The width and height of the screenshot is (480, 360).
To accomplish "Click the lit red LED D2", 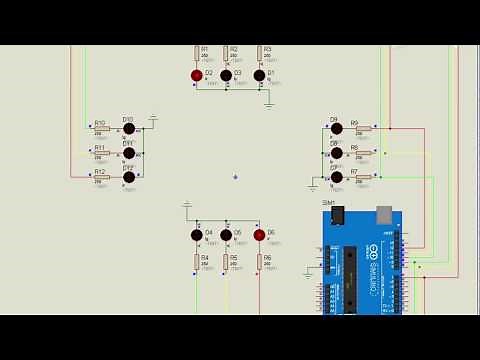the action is [x=197, y=74].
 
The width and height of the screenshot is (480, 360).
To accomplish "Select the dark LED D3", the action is [x=226, y=74].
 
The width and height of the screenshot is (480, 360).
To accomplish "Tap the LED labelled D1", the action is [x=259, y=74].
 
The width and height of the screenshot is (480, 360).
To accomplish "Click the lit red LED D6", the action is [x=259, y=235].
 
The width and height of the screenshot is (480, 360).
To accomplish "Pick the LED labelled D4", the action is [x=197, y=235].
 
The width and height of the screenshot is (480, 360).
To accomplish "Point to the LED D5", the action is [x=226, y=235].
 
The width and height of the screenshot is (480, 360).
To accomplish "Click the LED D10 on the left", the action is [x=128, y=129].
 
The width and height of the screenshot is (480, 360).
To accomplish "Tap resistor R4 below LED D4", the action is [x=197, y=262].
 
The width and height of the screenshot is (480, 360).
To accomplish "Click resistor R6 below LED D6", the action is [x=259, y=262].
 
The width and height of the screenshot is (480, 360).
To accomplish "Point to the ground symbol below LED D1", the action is [x=269, y=102].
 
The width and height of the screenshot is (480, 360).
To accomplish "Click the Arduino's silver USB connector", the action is [x=384, y=213].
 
